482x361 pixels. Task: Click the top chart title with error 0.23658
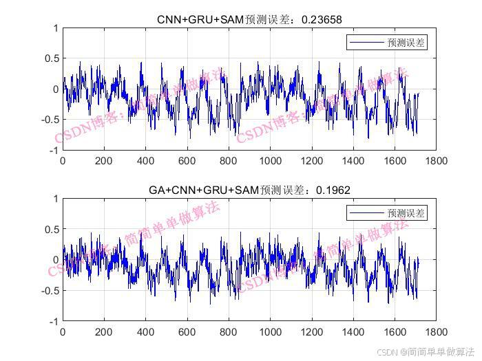coord(249,19)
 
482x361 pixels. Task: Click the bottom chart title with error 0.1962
coord(249,189)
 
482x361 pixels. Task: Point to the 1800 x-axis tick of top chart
coord(436,161)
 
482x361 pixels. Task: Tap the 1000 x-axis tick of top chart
coord(270,161)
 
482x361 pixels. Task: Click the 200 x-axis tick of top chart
coord(104,161)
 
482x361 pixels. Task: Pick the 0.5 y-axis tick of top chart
coord(50,58)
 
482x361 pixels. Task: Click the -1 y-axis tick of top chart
coord(52,151)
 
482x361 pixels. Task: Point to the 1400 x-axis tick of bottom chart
coord(353,331)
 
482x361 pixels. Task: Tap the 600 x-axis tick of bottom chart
coord(187,331)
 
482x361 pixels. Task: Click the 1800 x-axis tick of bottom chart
coord(436,331)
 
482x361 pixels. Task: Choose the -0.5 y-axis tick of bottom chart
coord(48,290)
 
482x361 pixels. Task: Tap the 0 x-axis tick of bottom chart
coord(63,331)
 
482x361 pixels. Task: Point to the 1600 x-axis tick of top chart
coord(395,161)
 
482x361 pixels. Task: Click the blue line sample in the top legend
coord(365,43)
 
